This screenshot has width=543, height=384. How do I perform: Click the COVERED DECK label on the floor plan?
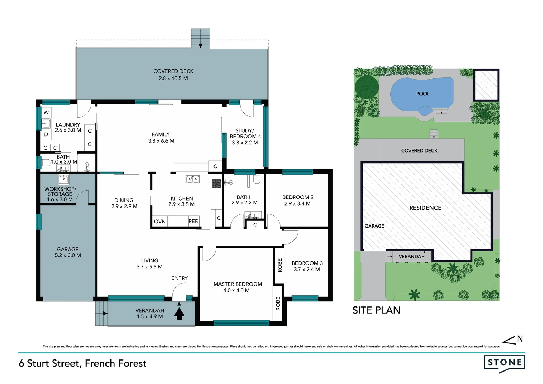tap(173, 71)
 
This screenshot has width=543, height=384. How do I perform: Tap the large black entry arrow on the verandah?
tap(179, 313)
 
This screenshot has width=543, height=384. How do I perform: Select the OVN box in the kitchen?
tap(160, 221)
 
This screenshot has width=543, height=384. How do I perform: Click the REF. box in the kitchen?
tap(193, 221)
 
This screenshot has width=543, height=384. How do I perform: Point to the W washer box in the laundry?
tap(46, 113)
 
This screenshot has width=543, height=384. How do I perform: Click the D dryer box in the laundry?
tap(46, 134)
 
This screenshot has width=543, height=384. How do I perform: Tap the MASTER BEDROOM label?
tap(238, 284)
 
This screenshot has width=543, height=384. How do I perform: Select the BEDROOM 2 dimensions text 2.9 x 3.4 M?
tap(297, 204)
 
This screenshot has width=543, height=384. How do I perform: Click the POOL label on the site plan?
tap(423, 94)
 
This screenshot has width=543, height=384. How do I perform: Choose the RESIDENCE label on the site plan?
tap(425, 208)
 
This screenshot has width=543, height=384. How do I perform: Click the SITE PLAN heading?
tap(376, 310)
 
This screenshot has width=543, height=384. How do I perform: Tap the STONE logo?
tap(504, 363)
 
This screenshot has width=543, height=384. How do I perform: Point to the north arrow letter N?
tap(520, 339)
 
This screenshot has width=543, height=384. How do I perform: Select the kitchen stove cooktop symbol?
tap(217, 183)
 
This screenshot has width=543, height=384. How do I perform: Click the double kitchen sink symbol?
tap(193, 179)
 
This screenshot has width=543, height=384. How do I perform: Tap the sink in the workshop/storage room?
tap(64, 179)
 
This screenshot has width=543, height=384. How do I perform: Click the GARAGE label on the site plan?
tap(374, 226)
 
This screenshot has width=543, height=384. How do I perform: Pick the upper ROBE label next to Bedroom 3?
tap(280, 265)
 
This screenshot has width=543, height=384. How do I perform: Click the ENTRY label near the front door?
tap(179, 278)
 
